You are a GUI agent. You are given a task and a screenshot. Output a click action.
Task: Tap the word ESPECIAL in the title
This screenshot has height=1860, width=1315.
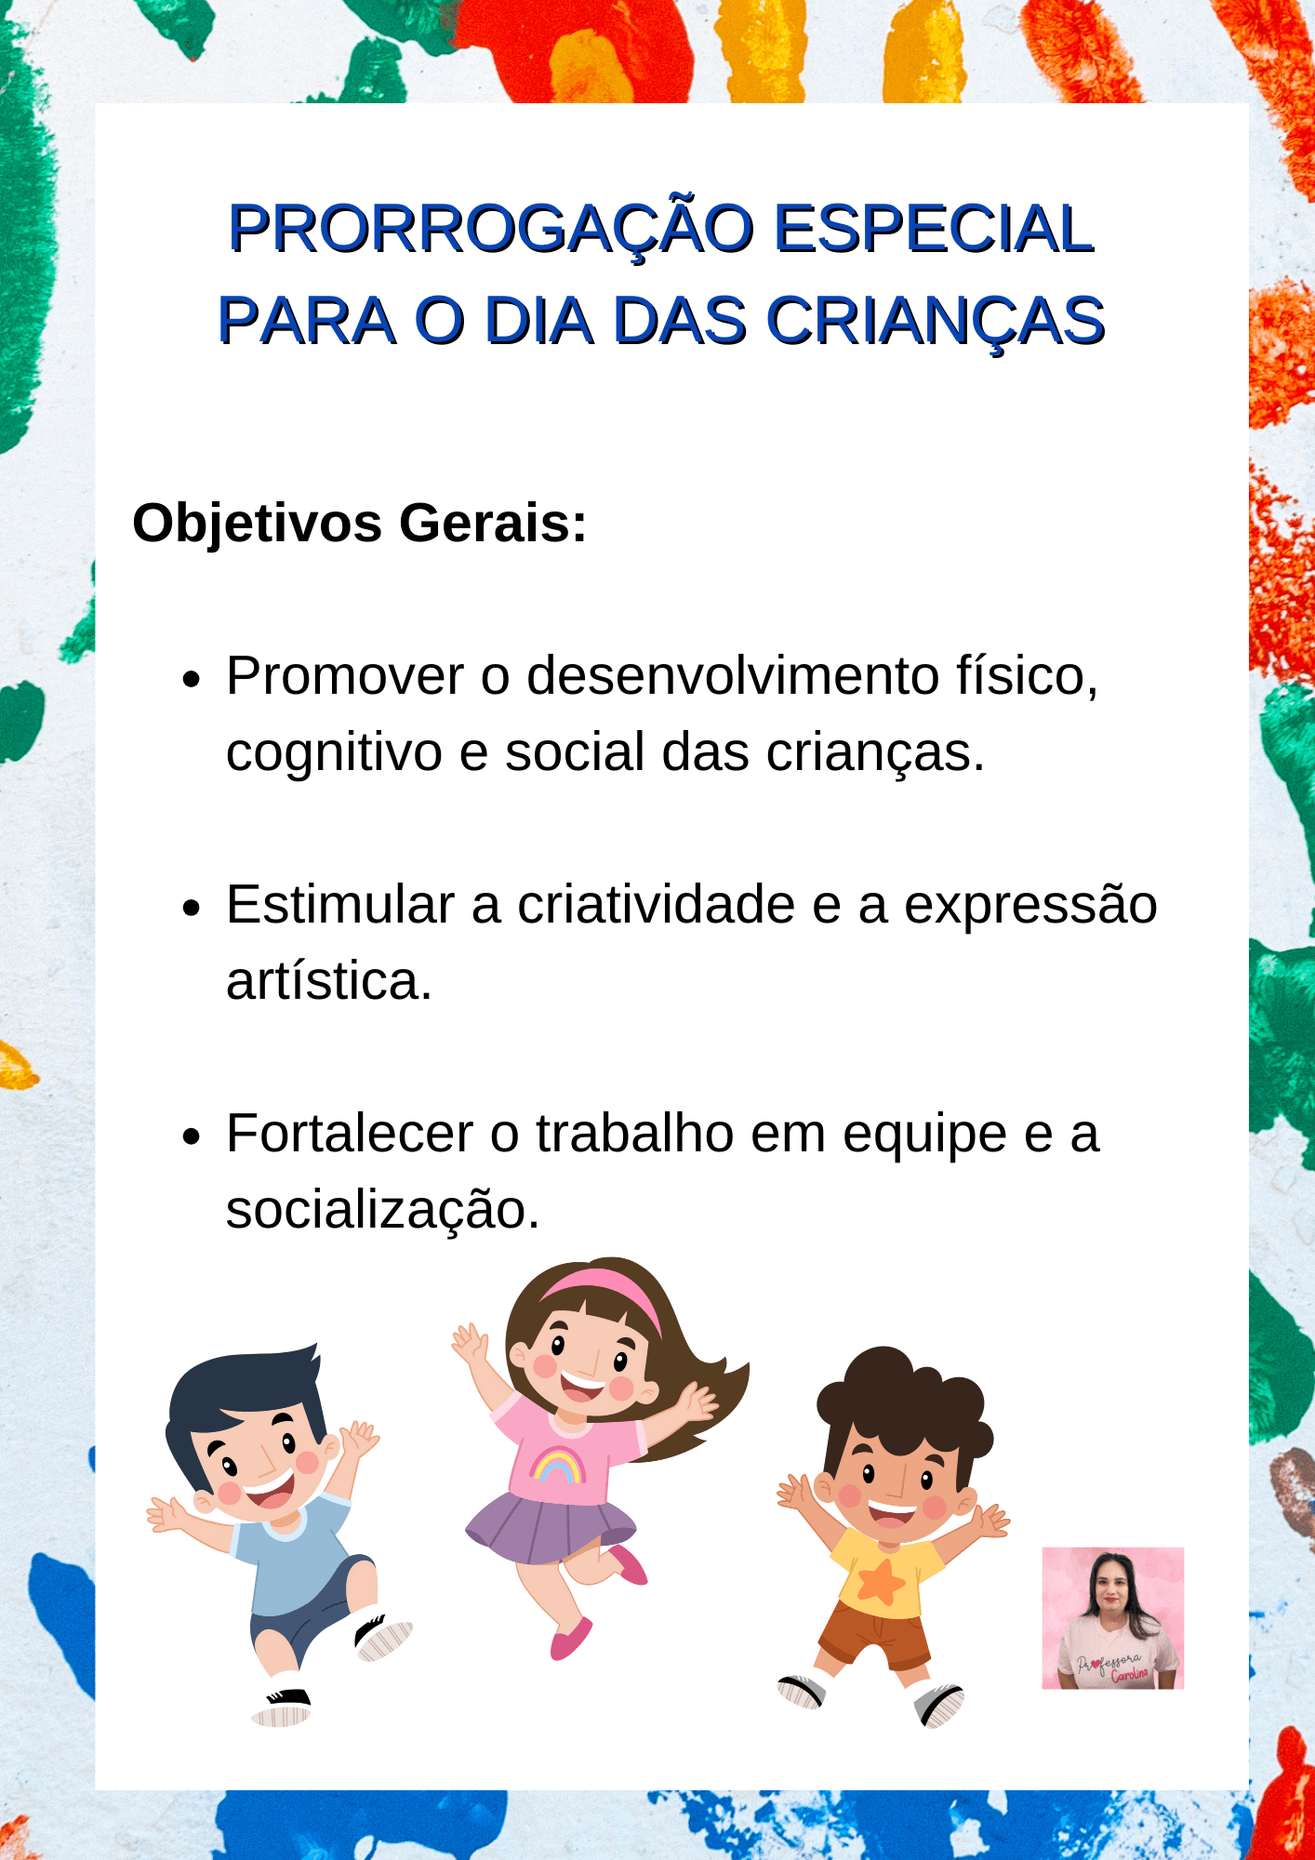pyautogui.click(x=935, y=229)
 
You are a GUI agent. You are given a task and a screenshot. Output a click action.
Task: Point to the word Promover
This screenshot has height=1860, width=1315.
pyautogui.click(x=345, y=676)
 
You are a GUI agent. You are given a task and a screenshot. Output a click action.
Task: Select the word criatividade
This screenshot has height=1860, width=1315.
pyautogui.click(x=656, y=905)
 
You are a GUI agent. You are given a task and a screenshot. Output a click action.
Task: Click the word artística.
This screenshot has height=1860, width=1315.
pyautogui.click(x=329, y=982)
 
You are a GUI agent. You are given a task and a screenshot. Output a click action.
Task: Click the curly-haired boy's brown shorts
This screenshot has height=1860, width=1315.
pyautogui.click(x=874, y=1636)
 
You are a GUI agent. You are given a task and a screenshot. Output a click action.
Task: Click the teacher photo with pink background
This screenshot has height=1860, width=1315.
pyautogui.click(x=1112, y=1618)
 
